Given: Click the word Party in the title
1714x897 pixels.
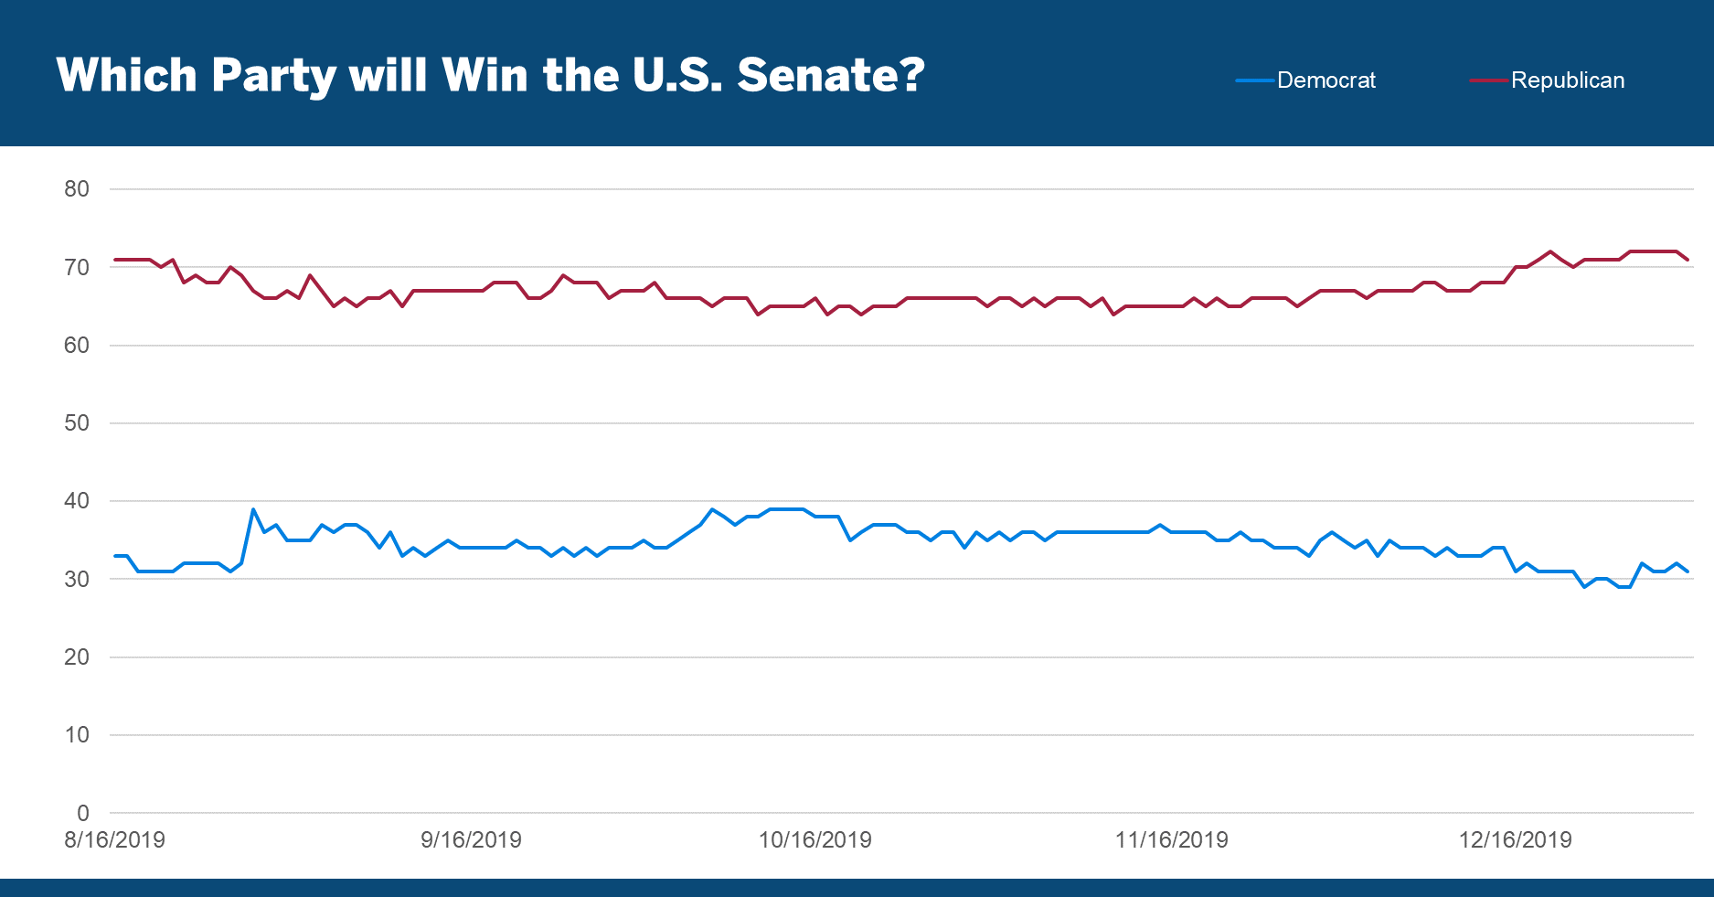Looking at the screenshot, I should point(273,75).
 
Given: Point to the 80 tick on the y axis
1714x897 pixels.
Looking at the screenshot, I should point(77,189).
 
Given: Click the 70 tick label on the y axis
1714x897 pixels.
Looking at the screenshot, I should point(77,267).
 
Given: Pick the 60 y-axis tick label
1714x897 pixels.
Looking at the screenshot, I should point(77,346).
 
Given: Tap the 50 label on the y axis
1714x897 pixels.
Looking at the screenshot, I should point(77,423).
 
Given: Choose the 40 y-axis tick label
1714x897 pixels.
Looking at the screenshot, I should point(77,501).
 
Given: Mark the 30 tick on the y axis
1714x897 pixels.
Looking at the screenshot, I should point(77,579).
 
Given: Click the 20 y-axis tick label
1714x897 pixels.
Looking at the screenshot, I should point(77,657).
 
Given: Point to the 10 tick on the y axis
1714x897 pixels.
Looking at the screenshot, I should point(77,735).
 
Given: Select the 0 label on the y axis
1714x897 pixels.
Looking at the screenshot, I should point(83,813).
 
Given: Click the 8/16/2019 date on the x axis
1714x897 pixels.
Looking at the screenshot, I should point(114,840).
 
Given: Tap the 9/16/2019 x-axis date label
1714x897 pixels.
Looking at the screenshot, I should point(471,840).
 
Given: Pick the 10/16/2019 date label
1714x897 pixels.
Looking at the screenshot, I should point(814,840).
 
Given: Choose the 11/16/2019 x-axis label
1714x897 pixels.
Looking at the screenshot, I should point(1171,840).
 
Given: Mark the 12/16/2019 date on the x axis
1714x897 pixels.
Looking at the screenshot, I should point(1515,840).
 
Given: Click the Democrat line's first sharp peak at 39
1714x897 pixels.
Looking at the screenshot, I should point(253,509).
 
